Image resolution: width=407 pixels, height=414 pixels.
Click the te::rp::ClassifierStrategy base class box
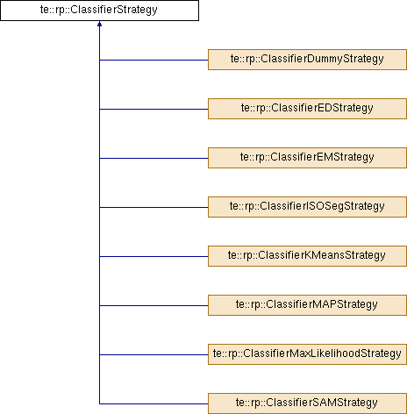(99, 11)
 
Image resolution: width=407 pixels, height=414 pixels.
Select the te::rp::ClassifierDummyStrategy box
(307, 60)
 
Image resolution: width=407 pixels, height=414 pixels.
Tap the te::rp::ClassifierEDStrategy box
(307, 109)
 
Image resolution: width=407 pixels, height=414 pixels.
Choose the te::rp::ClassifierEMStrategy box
(307, 158)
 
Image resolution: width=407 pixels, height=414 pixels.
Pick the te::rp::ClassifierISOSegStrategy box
(307, 207)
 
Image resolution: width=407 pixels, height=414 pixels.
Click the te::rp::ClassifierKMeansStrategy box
(307, 256)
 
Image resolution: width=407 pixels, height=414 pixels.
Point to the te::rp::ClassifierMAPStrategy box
(307, 305)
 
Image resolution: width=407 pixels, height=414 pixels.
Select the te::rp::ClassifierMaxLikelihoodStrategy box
(307, 354)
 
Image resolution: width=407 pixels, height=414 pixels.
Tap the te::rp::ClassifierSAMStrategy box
(307, 403)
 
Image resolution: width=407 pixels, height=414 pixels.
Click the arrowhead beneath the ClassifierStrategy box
(99, 24)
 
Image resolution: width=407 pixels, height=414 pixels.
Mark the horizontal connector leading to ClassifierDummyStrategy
(154, 60)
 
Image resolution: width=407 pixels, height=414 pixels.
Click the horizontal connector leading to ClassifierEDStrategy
(154, 109)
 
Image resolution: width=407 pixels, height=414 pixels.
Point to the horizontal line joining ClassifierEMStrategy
(154, 158)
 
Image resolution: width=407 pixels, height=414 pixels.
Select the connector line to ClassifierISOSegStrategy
(154, 207)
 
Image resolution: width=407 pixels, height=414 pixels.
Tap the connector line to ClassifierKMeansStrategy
(154, 256)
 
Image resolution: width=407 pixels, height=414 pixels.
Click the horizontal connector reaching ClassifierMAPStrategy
(154, 305)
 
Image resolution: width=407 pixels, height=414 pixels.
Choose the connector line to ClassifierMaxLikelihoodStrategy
(154, 354)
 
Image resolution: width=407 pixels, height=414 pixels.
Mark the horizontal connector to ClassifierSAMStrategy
(154, 403)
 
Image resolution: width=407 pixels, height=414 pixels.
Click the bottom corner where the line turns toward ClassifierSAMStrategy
(99, 403)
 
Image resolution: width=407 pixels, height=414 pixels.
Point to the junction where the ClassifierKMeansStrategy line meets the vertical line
(99, 256)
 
